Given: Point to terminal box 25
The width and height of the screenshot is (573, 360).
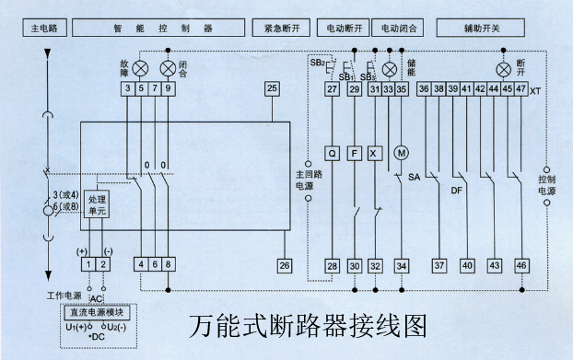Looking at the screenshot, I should [272, 88].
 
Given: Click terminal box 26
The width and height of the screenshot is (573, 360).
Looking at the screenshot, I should [286, 265].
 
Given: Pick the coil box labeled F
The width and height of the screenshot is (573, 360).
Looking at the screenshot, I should [354, 154].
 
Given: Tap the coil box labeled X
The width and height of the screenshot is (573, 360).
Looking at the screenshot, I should [374, 154].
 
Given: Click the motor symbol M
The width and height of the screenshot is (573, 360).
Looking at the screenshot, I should [400, 152].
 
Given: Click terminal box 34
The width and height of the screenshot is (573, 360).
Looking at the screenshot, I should [401, 265].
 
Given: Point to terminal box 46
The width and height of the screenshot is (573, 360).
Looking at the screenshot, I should [521, 265].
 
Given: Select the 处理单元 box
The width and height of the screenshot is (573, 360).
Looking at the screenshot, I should [97, 205].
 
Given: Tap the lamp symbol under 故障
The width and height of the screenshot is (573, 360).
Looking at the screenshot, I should [142, 68].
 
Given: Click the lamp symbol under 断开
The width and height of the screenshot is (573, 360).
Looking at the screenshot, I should [503, 69].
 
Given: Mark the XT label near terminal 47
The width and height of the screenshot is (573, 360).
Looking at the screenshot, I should [535, 90].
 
